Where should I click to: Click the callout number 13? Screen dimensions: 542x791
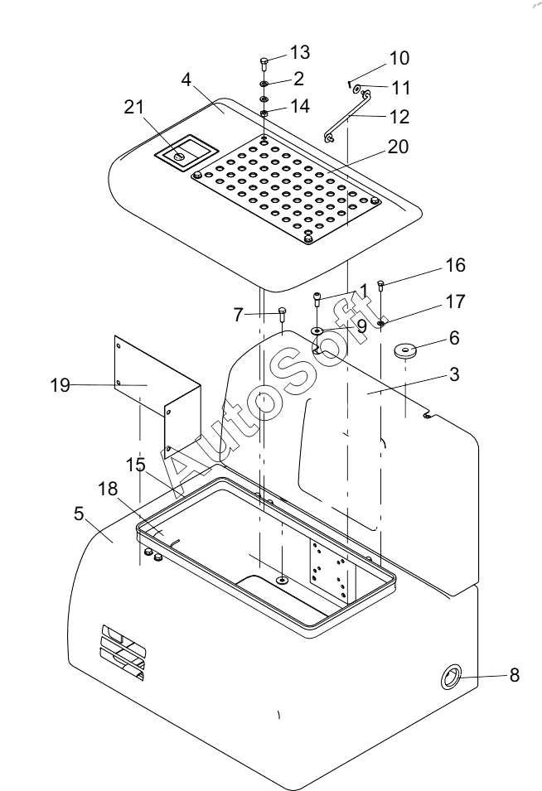point(299,52)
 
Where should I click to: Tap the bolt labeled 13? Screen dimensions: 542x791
point(264,64)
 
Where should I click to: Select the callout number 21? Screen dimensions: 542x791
point(133,107)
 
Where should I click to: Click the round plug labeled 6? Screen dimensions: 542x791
point(405,350)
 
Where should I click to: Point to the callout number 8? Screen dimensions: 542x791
point(515,675)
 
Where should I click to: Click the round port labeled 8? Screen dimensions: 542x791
point(452,677)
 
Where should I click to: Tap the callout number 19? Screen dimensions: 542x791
point(60,385)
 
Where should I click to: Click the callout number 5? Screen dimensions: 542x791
point(79,514)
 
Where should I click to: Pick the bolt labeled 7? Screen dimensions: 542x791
point(282,316)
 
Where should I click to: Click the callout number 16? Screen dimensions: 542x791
point(455,265)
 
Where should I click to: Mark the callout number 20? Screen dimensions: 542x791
point(398,147)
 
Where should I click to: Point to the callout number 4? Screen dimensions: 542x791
point(186,80)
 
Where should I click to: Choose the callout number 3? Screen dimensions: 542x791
point(454,374)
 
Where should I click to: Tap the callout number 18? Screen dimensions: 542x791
point(108,489)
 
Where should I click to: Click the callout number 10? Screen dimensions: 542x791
point(399,58)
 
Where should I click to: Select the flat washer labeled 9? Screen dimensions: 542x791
point(317,330)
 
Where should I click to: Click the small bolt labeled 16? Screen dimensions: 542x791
point(381,286)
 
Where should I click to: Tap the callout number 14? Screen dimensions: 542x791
point(299,107)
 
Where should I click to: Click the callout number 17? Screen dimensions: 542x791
point(455,301)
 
